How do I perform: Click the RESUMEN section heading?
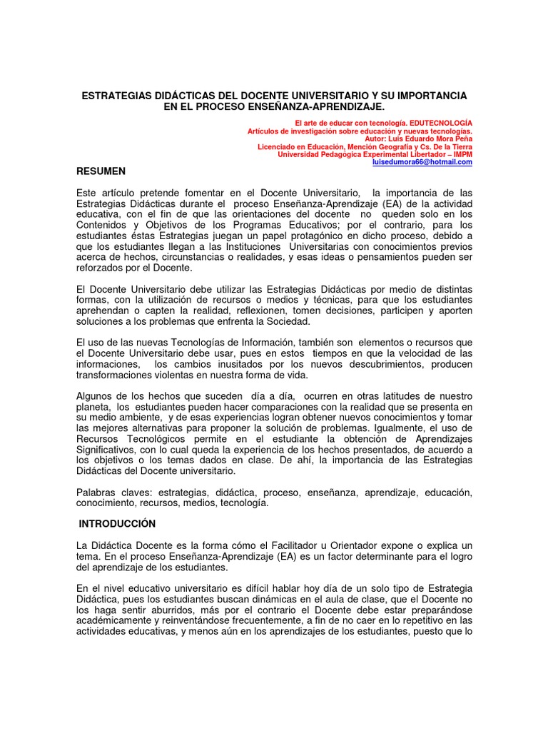tap(101, 171)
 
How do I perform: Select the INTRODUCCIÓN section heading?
tap(117, 523)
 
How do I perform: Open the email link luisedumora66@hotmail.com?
tap(422, 162)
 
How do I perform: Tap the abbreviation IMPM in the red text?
tap(461, 154)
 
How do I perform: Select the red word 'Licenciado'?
tap(278, 146)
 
